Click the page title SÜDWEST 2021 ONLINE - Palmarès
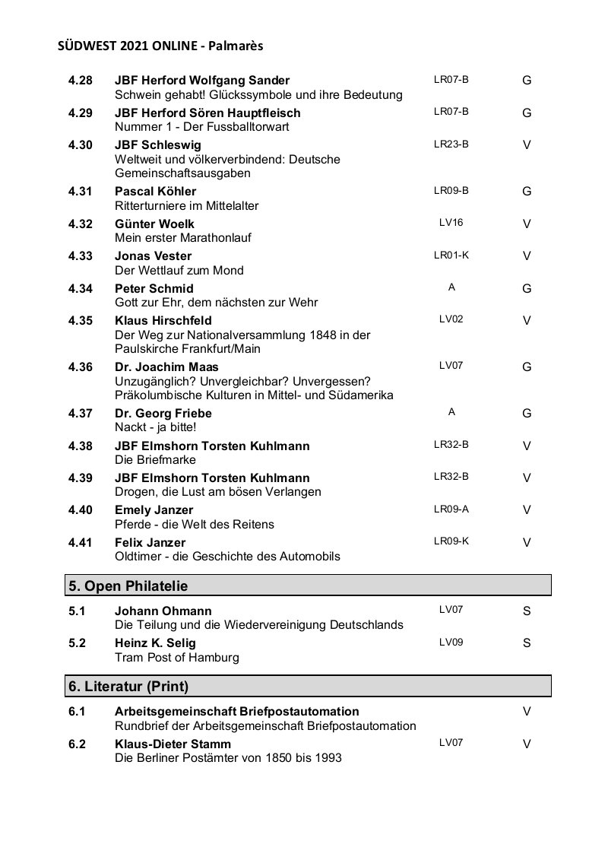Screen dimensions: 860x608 (160, 46)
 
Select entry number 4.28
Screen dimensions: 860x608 (80, 81)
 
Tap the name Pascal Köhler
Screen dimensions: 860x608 (155, 192)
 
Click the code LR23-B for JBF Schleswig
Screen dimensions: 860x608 (451, 144)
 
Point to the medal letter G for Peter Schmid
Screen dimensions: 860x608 (527, 289)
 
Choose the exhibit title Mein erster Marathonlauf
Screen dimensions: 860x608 (182, 238)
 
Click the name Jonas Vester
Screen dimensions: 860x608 (153, 256)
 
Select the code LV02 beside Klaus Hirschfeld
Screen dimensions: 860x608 (451, 319)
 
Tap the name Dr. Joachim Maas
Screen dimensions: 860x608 (166, 367)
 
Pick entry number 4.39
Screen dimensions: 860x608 (80, 478)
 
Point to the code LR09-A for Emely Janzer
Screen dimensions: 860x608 (451, 509)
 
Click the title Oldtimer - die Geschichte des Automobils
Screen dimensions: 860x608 (227, 557)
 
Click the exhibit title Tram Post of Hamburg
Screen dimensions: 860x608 (176, 657)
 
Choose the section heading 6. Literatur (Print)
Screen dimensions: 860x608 (128, 687)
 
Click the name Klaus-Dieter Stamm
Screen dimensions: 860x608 (173, 744)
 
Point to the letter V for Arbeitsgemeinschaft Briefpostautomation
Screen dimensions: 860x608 (527, 712)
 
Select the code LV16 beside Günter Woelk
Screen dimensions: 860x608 (451, 223)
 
